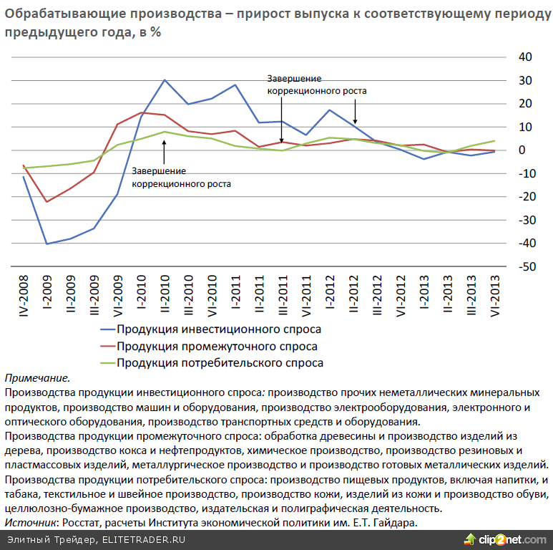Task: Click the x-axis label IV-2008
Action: point(24,296)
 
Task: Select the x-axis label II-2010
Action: point(165,296)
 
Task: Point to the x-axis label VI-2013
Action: point(494,296)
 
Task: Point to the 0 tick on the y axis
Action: point(522,150)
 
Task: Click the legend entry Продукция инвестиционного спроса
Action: point(218,330)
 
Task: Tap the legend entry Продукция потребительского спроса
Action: point(220,363)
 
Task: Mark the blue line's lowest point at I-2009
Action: point(47,244)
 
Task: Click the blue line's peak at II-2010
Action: point(165,80)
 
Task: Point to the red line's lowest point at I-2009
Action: point(47,202)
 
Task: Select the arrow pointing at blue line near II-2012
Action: point(355,115)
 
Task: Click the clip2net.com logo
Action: point(504,539)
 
